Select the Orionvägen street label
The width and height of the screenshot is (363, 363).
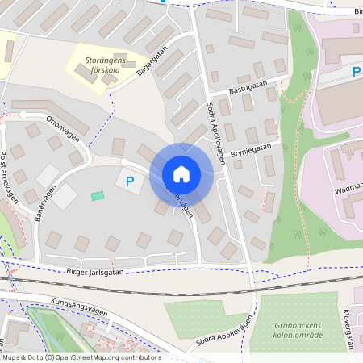point(62,129)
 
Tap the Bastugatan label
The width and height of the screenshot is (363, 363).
point(248,92)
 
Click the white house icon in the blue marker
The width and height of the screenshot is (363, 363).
point(181,174)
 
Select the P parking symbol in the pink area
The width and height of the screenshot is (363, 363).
point(356,73)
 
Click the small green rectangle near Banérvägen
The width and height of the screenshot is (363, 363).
point(98,196)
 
